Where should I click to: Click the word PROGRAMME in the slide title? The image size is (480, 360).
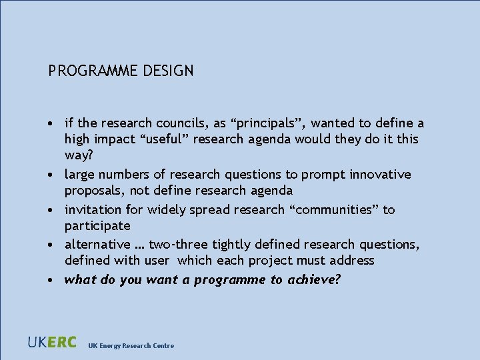tap(93, 70)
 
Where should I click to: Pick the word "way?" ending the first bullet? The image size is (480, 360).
tap(79, 155)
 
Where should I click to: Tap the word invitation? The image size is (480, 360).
tap(93, 210)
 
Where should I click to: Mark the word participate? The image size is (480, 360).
tap(97, 226)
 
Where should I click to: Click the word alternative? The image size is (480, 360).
tap(97, 245)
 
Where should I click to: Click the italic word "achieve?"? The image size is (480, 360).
tap(314, 279)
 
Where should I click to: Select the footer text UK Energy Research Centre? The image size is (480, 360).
tap(131, 345)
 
